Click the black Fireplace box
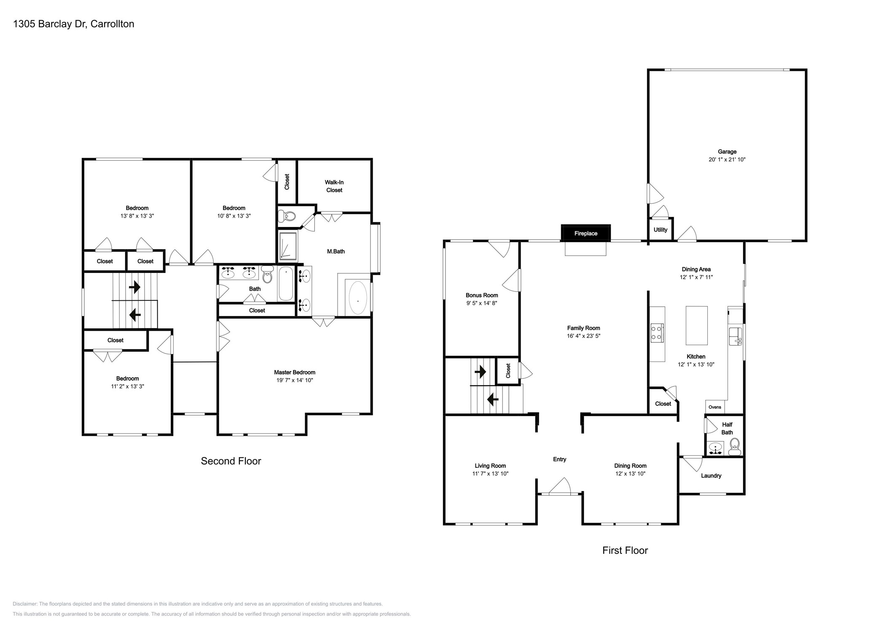[x=585, y=233]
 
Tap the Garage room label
[x=727, y=151]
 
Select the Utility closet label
[x=660, y=230]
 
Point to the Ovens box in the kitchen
[x=714, y=407]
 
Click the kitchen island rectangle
[x=696, y=325]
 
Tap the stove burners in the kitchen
[x=656, y=332]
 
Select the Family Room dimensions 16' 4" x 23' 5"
[x=583, y=336]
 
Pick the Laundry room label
[x=711, y=475]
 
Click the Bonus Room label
[x=481, y=295]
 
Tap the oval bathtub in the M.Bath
[x=357, y=297]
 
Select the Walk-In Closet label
[x=334, y=186]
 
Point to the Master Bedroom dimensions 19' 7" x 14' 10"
[x=294, y=380]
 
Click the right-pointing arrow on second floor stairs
[x=134, y=287]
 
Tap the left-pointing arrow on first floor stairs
[x=492, y=399]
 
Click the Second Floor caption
[x=231, y=461]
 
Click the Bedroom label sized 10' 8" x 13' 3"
[x=234, y=208]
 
